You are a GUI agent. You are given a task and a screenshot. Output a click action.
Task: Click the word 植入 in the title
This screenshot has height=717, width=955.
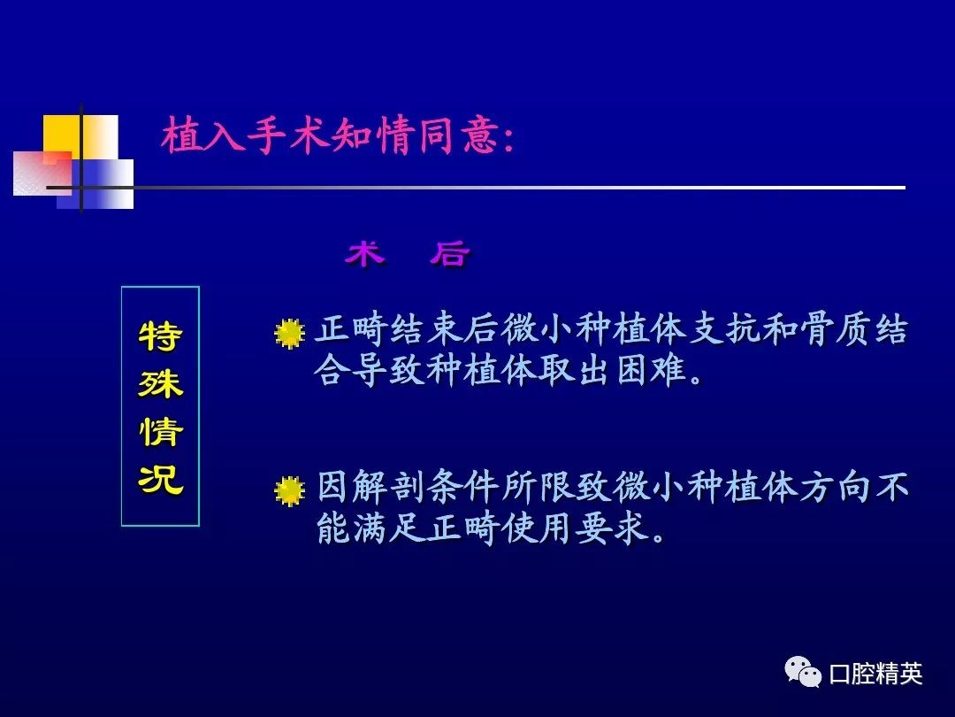(202, 135)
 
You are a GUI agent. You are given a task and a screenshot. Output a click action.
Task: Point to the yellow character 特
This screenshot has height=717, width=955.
(160, 336)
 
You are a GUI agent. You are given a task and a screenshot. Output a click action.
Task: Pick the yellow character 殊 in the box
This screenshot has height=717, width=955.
(160, 383)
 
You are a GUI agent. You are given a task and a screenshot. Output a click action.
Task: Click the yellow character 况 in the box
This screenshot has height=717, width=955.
(160, 479)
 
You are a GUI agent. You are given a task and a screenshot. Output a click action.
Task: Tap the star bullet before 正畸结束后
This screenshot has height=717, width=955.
(289, 333)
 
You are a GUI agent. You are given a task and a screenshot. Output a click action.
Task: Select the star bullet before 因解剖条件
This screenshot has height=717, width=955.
(289, 490)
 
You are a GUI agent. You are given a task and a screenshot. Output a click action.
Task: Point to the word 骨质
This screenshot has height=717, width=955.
(836, 329)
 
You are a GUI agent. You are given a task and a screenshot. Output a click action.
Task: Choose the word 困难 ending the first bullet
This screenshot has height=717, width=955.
(651, 369)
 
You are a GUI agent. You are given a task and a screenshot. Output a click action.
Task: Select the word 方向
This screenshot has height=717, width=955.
(836, 487)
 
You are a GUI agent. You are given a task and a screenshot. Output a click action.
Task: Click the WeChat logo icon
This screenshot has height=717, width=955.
(803, 672)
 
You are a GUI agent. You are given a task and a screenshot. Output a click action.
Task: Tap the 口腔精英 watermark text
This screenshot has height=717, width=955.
(875, 674)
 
